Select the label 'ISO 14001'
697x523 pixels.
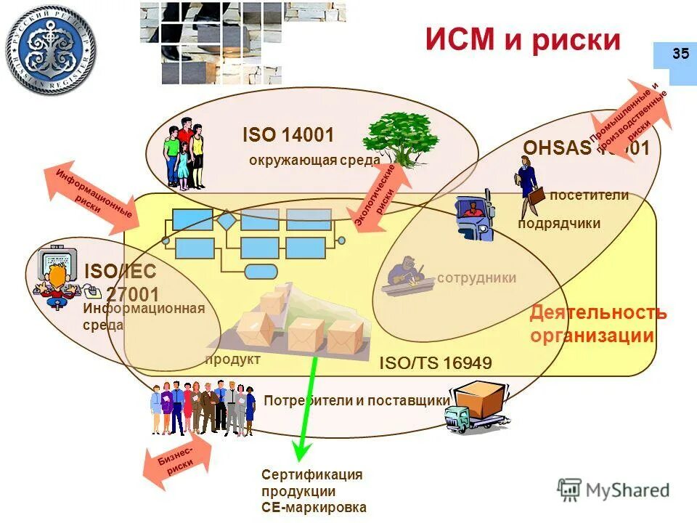point(288,135)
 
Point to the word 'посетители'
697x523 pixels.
point(589,195)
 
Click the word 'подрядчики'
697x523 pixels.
point(559,223)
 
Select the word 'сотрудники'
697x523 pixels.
point(477,277)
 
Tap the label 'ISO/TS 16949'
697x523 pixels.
point(436,363)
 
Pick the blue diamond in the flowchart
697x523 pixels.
point(227,219)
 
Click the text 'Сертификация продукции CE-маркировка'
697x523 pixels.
point(312,491)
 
